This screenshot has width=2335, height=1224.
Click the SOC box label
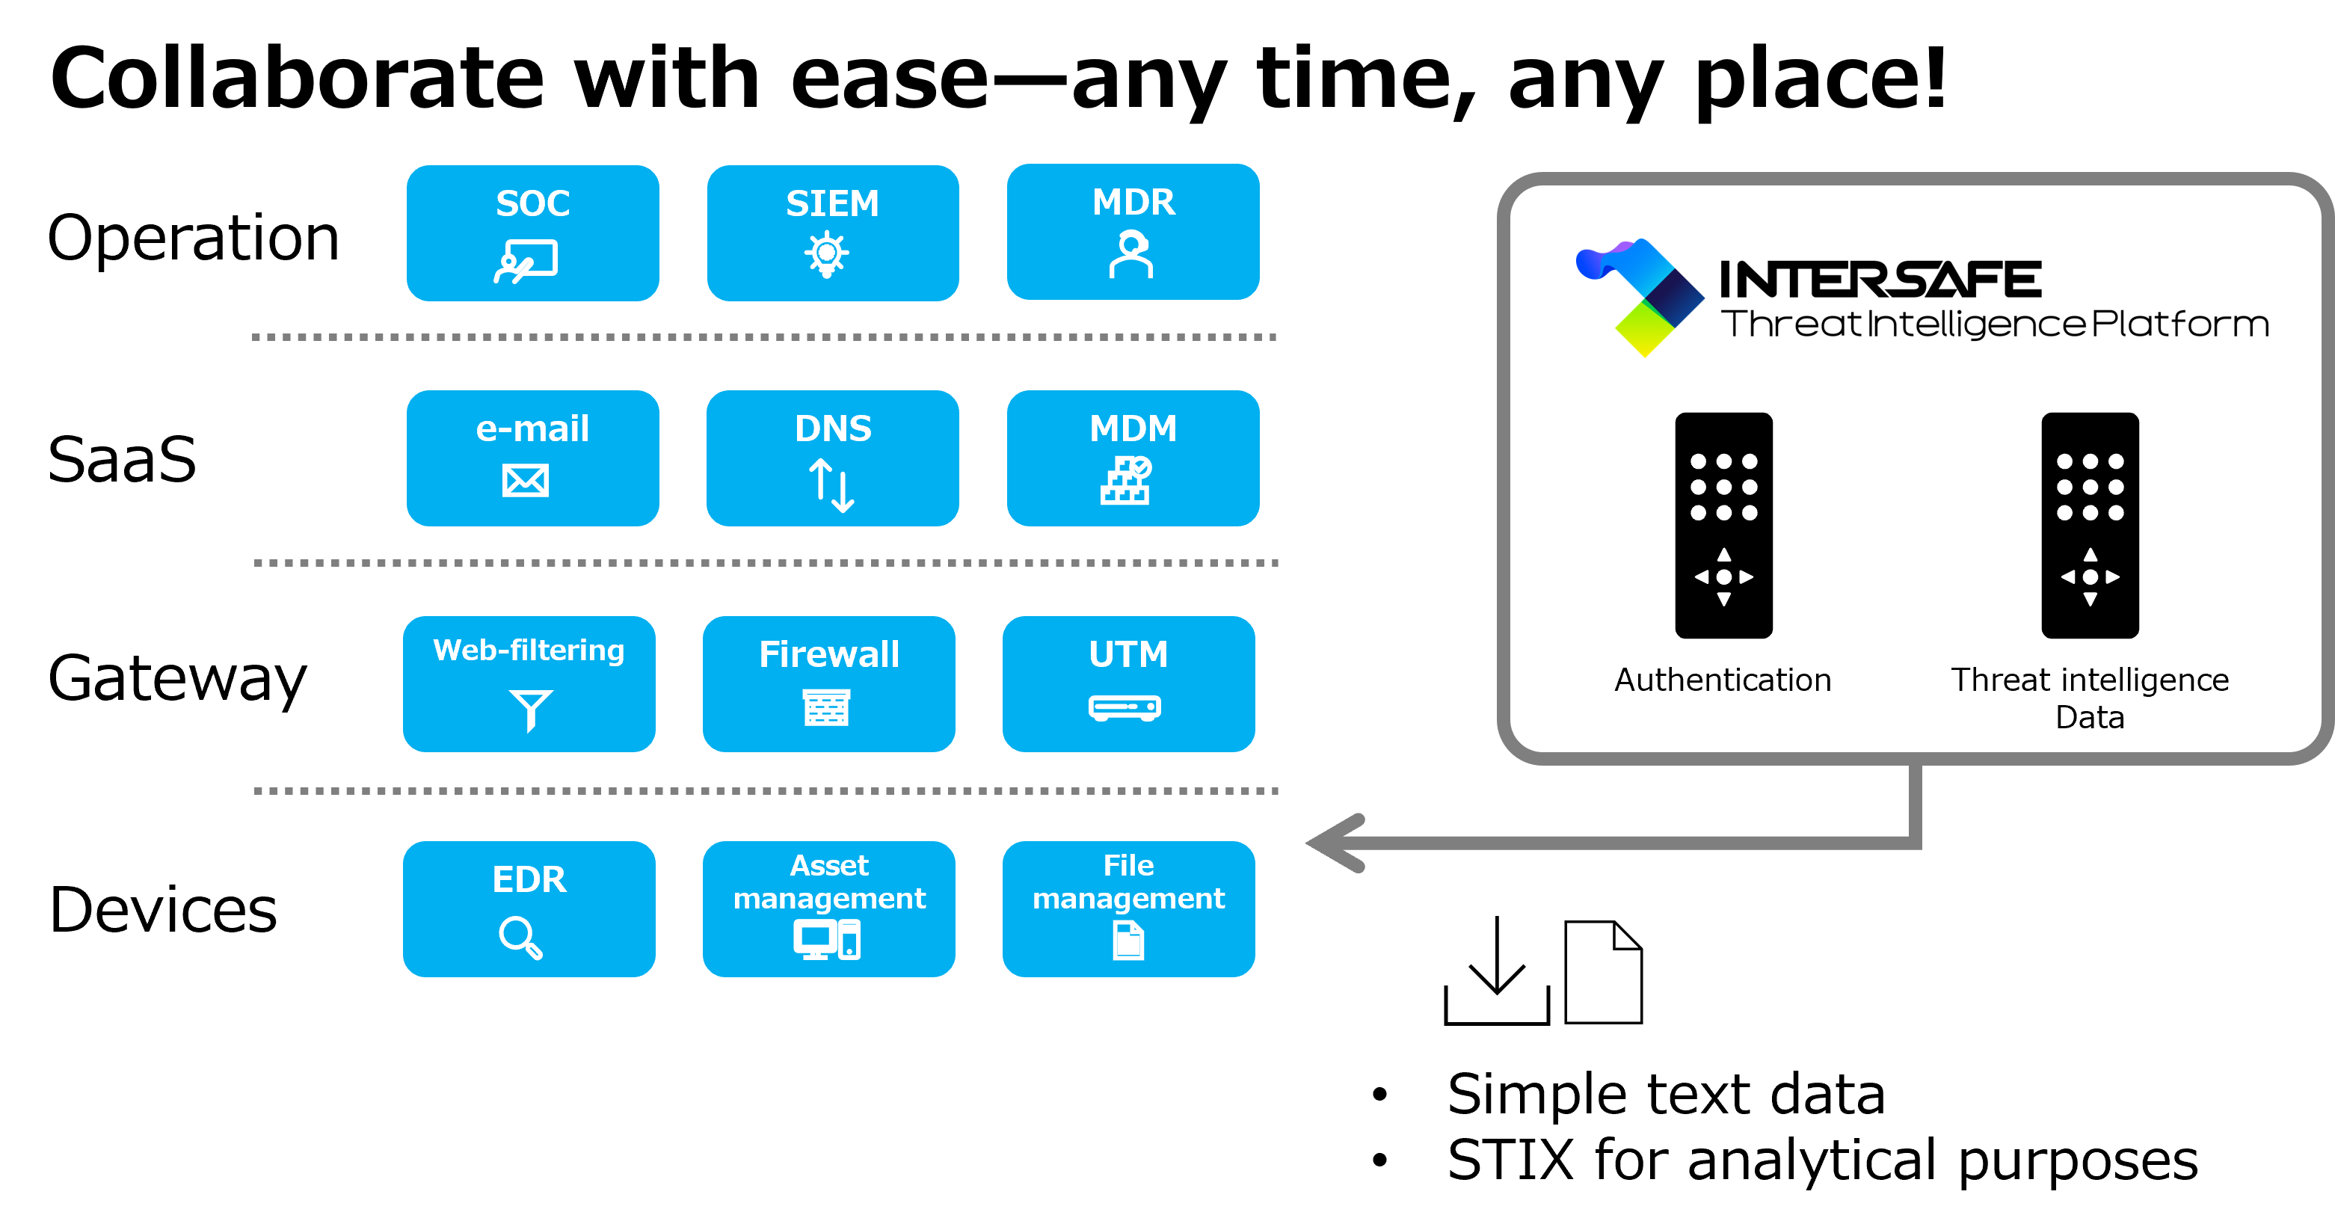tap(532, 204)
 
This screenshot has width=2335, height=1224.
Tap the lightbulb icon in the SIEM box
tap(827, 255)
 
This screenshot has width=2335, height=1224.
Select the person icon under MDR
tap(1131, 255)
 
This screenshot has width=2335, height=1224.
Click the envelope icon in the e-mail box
tap(526, 481)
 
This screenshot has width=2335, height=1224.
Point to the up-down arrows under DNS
tap(831, 485)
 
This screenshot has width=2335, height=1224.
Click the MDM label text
tap(1133, 429)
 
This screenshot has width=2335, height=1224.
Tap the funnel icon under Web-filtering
tap(530, 710)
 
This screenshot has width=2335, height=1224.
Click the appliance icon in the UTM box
tap(1125, 707)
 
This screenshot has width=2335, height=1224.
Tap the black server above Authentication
tap(1723, 526)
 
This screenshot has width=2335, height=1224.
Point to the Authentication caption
tap(1722, 680)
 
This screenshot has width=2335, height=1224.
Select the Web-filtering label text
tap(529, 650)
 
